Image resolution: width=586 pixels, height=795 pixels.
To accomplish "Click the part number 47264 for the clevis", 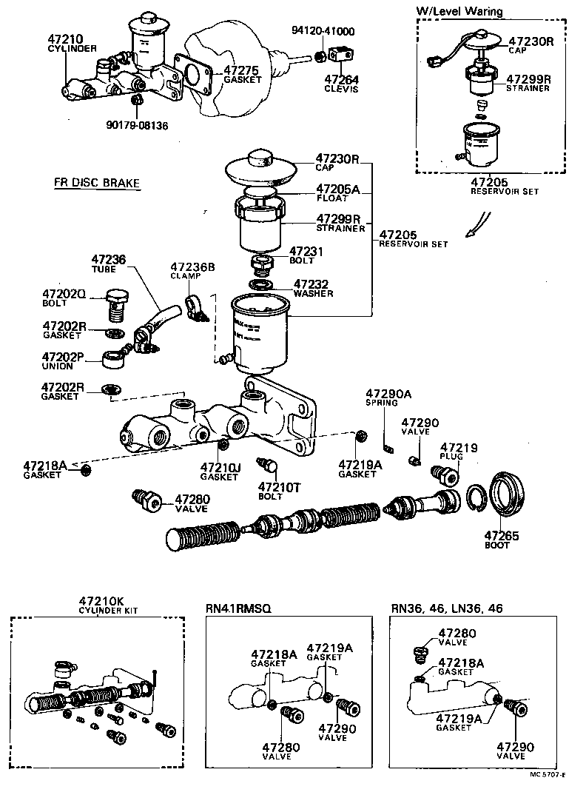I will pos(340,80).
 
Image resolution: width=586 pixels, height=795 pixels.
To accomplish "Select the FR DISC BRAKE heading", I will pos(97,183).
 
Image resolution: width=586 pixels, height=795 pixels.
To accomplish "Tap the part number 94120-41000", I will pos(323,31).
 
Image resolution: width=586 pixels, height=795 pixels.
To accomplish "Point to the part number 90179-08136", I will pos(137,125).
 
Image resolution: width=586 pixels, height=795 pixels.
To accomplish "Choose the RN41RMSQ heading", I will pos(239,608).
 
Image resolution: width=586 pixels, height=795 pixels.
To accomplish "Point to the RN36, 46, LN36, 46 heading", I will pos(446,608).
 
